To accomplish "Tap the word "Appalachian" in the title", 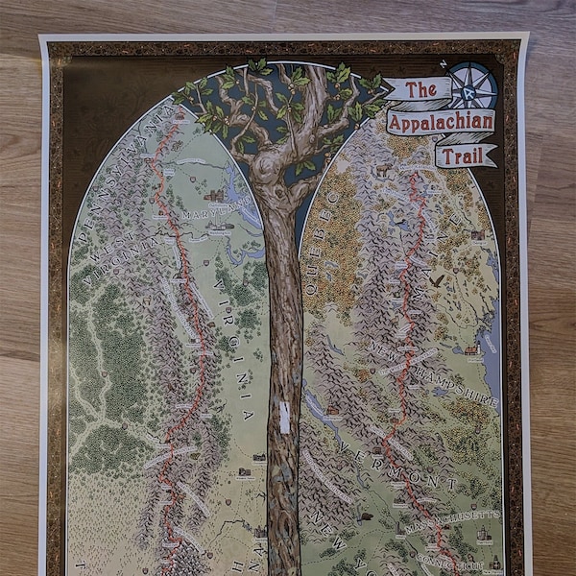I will click(442, 122).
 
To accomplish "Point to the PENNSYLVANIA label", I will click(119, 154).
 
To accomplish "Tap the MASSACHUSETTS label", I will click(451, 518).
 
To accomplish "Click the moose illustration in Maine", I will click(382, 171).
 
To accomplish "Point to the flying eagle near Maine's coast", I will click(437, 279).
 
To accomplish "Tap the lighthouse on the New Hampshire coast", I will click(471, 349).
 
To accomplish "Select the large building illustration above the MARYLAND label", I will click(212, 195).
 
